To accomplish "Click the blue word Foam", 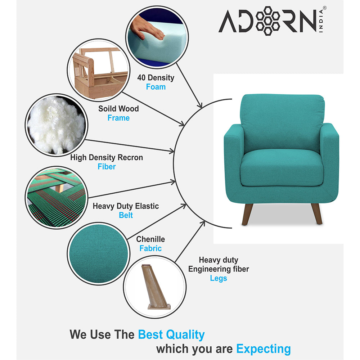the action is click(156, 87).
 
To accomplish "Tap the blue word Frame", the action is click(118, 118).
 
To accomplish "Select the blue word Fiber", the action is click(107, 166).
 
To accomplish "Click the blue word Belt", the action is click(126, 215).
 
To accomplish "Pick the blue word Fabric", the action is click(150, 248).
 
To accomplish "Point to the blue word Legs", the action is click(219, 278).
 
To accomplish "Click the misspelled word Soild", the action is click(107, 108).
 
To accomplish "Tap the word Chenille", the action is click(150, 239).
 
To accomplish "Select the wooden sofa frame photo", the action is click(99, 70).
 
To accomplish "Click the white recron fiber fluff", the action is click(56, 125).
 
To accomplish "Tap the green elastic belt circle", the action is click(57, 197).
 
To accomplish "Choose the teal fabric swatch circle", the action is click(99, 254).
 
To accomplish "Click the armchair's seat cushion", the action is click(282, 168).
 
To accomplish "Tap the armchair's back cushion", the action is click(282, 123).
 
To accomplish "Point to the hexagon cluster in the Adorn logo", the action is click(268, 21).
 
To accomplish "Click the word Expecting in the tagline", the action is click(264, 349).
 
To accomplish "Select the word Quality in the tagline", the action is click(185, 335).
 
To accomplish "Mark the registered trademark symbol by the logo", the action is click(324, 8).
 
